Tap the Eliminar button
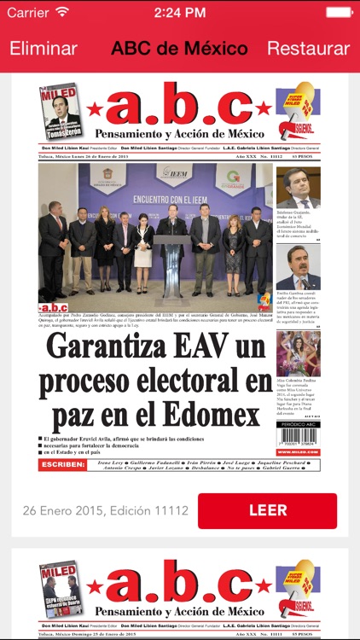(x=44, y=49)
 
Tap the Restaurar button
(x=308, y=49)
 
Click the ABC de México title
(x=179, y=49)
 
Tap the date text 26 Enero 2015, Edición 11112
(x=106, y=510)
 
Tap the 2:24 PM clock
(x=180, y=13)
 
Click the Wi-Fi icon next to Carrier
(x=62, y=13)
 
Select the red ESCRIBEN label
(x=62, y=465)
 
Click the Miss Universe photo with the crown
(x=298, y=354)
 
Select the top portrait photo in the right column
(x=298, y=188)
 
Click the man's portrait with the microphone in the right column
(x=298, y=269)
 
